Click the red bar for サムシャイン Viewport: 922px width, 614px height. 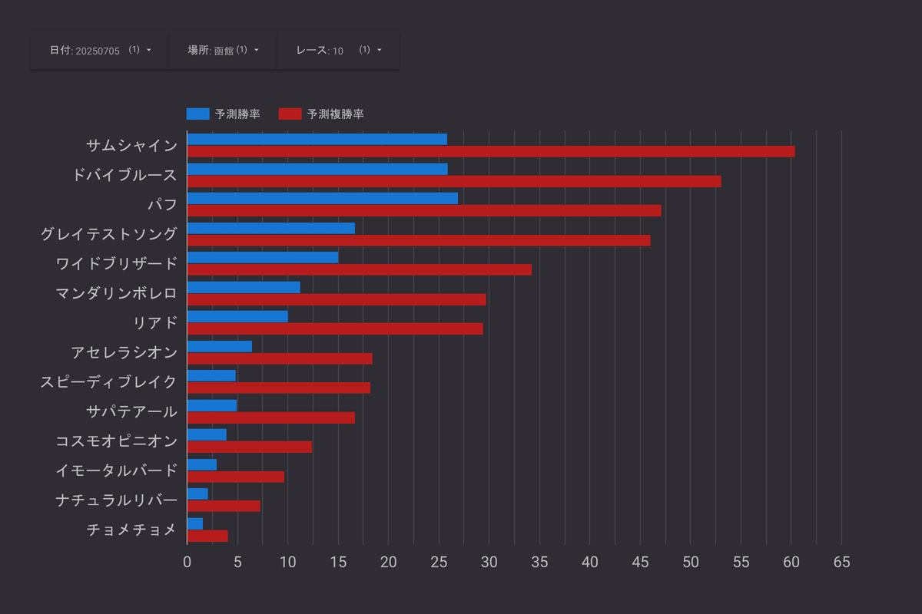[x=490, y=152]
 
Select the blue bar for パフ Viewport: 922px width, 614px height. [x=322, y=198]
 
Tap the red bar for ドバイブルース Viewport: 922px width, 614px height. [x=453, y=181]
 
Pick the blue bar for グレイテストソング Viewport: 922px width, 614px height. [x=270, y=228]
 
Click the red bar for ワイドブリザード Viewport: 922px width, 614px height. [x=359, y=269]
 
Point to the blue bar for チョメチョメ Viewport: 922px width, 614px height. [x=195, y=523]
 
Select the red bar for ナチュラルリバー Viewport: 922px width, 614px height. [x=224, y=506]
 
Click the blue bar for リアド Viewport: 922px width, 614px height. [x=237, y=316]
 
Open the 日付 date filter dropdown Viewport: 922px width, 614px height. [x=100, y=51]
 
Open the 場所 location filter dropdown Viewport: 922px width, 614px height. [x=223, y=51]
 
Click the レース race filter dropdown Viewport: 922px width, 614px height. [x=338, y=51]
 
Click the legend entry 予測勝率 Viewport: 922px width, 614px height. [x=224, y=114]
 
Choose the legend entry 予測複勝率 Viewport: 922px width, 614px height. [x=321, y=114]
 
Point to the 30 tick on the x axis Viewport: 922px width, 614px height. [x=489, y=563]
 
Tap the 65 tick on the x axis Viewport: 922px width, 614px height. [x=841, y=563]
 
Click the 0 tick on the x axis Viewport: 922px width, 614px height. [x=187, y=563]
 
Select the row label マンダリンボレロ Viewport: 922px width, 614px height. [x=116, y=293]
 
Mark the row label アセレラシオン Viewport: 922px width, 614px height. [x=124, y=352]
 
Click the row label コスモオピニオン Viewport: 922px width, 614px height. [x=116, y=441]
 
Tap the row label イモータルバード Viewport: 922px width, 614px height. [x=116, y=470]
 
